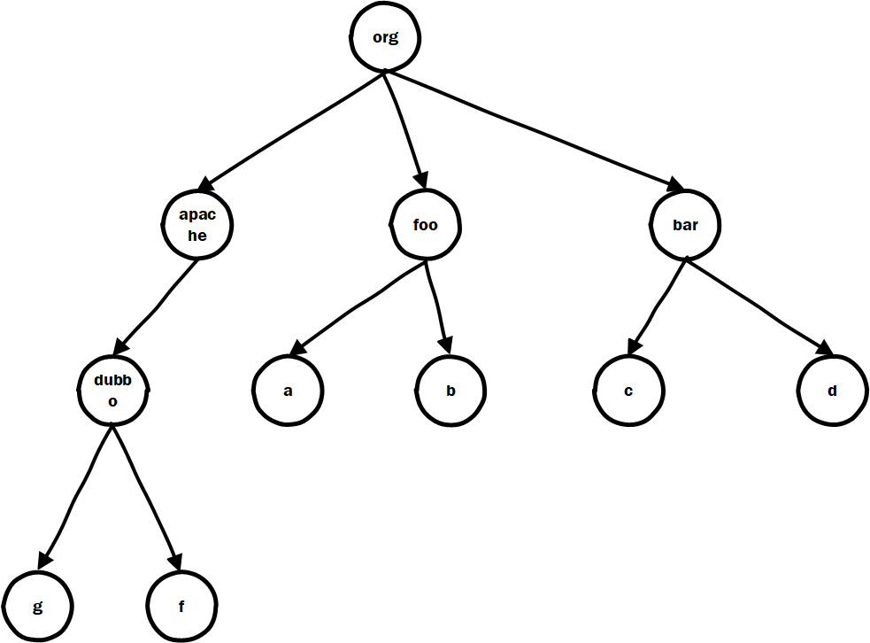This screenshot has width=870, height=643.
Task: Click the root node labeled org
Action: tap(385, 38)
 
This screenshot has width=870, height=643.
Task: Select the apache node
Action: tap(197, 224)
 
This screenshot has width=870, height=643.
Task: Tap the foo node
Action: tap(426, 225)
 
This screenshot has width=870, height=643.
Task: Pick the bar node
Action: tap(685, 225)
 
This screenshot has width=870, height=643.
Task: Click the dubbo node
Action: tap(112, 390)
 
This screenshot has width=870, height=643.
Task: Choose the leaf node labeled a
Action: tap(288, 391)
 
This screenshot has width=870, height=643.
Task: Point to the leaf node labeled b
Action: tap(450, 391)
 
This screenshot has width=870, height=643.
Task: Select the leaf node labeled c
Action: tap(627, 391)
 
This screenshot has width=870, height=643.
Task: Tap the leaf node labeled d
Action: tap(832, 391)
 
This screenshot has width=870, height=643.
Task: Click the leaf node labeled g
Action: tap(36, 607)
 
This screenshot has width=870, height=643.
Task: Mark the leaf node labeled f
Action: tap(180, 607)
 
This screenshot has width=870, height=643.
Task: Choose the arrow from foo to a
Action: tap(358, 306)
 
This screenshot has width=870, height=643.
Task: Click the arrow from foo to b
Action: tap(437, 306)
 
